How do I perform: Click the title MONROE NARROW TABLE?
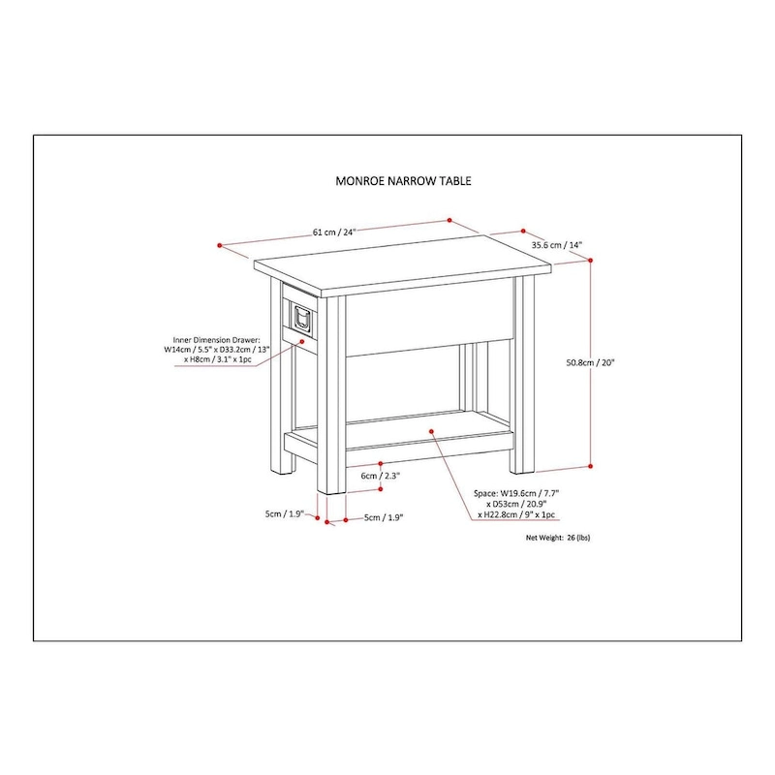tap(389, 180)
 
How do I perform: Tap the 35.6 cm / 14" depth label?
tap(556, 246)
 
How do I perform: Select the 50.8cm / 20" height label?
tap(591, 363)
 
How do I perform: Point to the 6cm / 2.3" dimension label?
tap(380, 476)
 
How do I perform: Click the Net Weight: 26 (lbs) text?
tap(557, 536)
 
